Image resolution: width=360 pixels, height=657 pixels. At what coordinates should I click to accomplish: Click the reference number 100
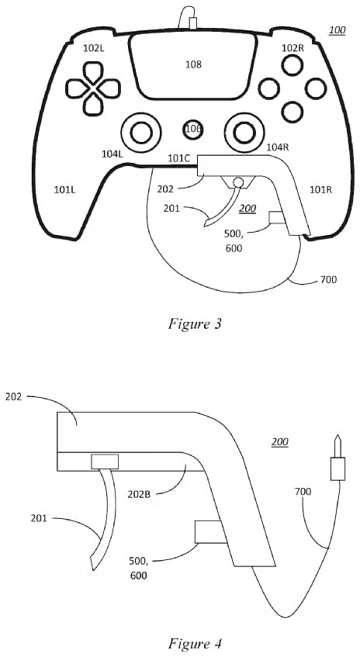point(337,29)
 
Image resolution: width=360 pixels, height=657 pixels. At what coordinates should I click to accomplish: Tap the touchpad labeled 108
point(192,65)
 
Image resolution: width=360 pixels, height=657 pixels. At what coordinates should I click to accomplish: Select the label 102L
point(93,48)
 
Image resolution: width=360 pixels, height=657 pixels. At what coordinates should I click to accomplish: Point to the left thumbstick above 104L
point(140,133)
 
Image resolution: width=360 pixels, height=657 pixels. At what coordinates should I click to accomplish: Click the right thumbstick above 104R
point(244,133)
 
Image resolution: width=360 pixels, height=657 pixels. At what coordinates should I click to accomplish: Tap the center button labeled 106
point(192,129)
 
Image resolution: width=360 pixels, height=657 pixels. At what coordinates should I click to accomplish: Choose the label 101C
point(179,158)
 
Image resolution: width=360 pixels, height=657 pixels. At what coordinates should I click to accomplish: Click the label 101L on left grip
point(64,190)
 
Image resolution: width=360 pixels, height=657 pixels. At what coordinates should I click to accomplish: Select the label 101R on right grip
point(320,190)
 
